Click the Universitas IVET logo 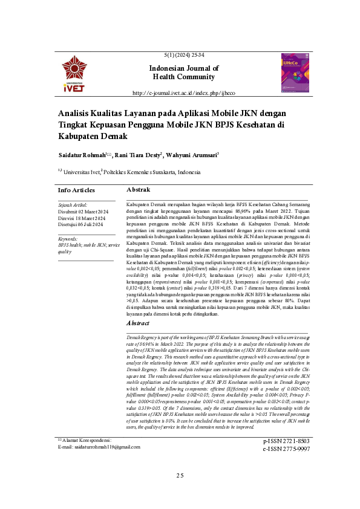point(74,74)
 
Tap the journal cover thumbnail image point(295,73)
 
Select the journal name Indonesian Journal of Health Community point(184,73)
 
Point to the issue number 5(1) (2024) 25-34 point(184,55)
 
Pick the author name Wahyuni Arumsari point(193,155)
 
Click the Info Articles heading point(76,190)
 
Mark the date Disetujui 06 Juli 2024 point(81,225)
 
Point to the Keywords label point(68,239)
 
